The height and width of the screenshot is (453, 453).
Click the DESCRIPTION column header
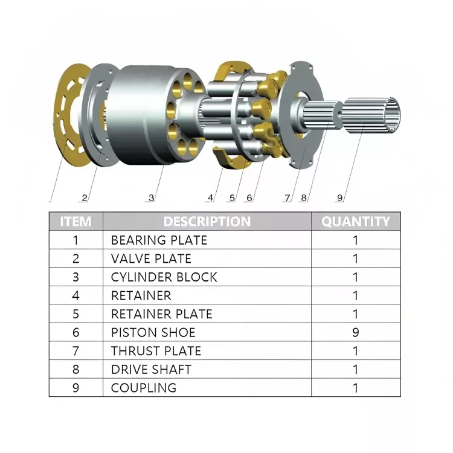click(207, 222)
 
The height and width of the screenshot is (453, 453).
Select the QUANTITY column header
click(355, 222)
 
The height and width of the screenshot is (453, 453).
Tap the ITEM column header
click(75, 222)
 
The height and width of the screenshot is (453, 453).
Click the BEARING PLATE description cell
click(159, 240)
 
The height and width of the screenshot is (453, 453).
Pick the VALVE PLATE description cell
click(151, 259)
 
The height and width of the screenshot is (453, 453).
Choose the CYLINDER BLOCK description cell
click(164, 277)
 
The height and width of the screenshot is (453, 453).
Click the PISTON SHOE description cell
click(153, 332)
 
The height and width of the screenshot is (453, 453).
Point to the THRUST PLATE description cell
click(156, 351)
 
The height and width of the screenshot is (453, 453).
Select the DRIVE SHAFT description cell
click(151, 369)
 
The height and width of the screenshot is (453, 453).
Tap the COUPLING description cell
click(144, 388)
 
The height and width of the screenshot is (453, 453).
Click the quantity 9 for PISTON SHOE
click(355, 332)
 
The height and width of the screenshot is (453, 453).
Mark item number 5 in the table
click(75, 314)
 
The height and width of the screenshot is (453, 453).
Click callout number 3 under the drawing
click(151, 197)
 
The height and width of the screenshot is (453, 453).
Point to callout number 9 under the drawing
click(339, 197)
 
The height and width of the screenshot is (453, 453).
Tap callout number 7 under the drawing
click(288, 197)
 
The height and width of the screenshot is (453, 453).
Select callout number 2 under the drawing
click(85, 197)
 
